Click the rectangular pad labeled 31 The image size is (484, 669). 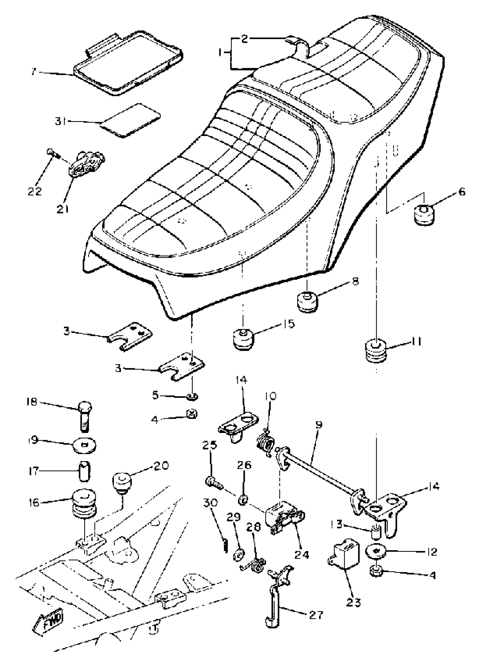130,120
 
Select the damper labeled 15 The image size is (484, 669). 243,339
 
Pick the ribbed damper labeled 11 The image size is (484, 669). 375,351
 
